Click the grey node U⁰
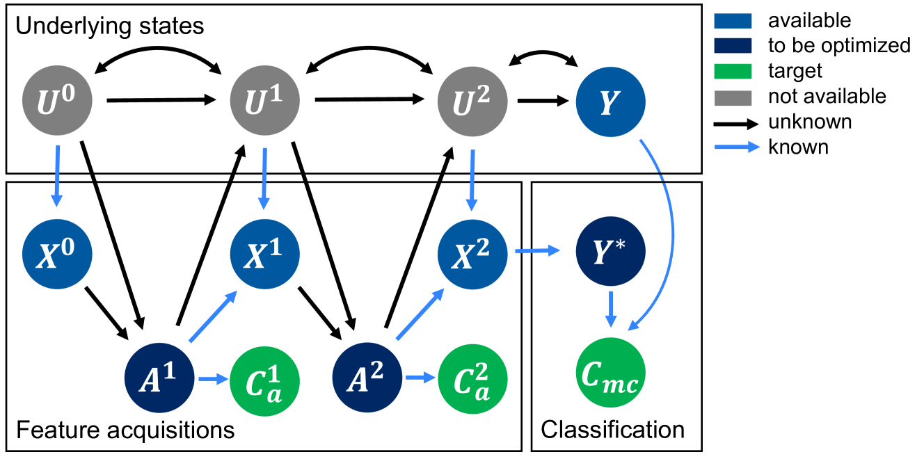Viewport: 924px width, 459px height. point(57,102)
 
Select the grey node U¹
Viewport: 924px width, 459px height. point(264,102)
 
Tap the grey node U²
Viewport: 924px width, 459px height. point(472,102)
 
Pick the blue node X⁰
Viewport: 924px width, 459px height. point(57,254)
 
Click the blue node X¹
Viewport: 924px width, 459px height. point(264,254)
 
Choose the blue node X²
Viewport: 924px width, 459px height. point(472,254)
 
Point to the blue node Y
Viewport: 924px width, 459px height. point(610,102)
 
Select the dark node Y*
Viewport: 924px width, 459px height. point(610,251)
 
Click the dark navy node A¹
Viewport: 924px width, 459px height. point(159,378)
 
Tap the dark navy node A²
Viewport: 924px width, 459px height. point(367,378)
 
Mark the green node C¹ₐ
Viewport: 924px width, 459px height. point(264,381)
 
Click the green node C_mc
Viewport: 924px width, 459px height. point(610,373)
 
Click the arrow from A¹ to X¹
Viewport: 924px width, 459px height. point(212,317)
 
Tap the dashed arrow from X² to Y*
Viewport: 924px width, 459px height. point(537,250)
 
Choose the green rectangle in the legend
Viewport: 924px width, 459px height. point(733,72)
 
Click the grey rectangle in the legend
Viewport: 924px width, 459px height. point(733,98)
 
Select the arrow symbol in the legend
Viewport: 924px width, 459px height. point(737,147)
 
